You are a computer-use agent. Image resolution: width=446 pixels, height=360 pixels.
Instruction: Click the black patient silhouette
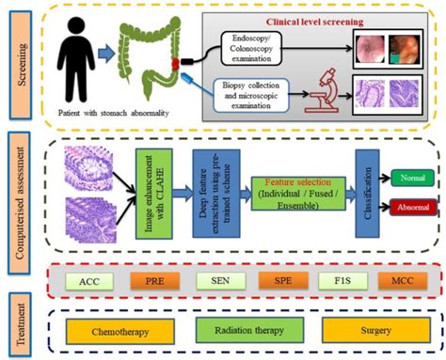(x=77, y=63)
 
